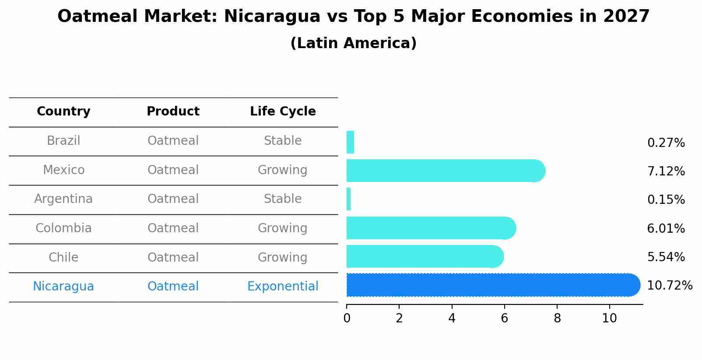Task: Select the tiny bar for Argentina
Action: tap(349, 199)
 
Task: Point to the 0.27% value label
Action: tap(666, 143)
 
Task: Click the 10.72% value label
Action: tap(669, 286)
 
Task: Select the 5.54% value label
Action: tap(666, 257)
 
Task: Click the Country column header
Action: tap(63, 112)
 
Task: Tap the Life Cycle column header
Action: tap(283, 112)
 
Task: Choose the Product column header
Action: tap(173, 112)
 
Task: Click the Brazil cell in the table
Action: tap(63, 141)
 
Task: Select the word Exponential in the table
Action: tap(283, 287)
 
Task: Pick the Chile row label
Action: tap(63, 257)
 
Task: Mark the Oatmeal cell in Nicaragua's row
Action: tap(173, 287)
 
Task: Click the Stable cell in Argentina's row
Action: tap(283, 199)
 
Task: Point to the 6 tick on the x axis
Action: tap(504, 318)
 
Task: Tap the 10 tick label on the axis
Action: tap(609, 318)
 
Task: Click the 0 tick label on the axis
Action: tap(347, 318)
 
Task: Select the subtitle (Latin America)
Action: tap(353, 43)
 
